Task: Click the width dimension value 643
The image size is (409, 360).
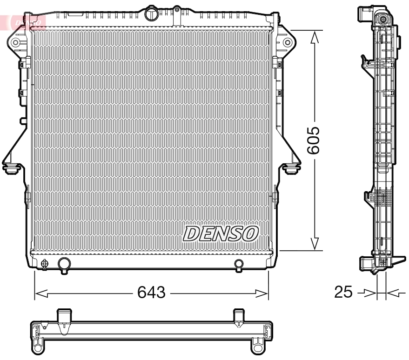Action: [152, 293]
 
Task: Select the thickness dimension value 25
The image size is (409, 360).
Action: [344, 293]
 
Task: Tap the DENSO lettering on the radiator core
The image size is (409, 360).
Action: [221, 233]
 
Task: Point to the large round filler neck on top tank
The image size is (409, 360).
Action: [152, 14]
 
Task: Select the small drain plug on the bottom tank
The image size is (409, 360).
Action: [45, 264]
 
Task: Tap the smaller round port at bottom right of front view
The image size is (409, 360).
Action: [239, 264]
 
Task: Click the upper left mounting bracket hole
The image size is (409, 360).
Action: [15, 43]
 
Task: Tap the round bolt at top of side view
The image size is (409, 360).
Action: [382, 20]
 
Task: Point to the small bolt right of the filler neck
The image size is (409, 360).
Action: [177, 9]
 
